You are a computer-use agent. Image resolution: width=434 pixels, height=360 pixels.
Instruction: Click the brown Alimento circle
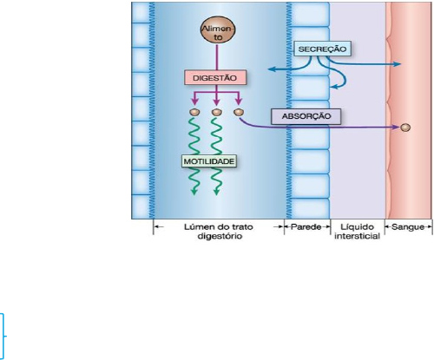tap(218, 29)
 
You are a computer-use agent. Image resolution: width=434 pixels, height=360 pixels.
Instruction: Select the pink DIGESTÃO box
tap(215, 77)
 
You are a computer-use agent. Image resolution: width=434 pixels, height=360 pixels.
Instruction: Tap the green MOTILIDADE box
tap(209, 161)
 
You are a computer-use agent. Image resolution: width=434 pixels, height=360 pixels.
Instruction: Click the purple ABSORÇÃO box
tap(306, 116)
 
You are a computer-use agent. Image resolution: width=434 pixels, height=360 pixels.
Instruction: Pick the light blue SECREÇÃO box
tap(322, 49)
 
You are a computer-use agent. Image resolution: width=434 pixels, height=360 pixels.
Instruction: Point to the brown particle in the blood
tap(405, 128)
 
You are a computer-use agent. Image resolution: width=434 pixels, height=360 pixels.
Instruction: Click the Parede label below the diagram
tap(306, 227)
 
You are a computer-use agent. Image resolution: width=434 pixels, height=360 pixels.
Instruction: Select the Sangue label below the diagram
tap(408, 227)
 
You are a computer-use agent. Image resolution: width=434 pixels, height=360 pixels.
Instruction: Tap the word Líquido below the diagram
tap(357, 227)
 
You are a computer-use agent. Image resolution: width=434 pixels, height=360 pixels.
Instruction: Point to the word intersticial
tap(357, 236)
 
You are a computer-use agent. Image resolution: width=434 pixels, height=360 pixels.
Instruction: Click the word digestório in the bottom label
tap(220, 236)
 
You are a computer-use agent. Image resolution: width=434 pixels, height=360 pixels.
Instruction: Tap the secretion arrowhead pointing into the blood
tap(398, 64)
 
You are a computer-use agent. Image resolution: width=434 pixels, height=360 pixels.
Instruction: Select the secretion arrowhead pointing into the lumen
tap(271, 69)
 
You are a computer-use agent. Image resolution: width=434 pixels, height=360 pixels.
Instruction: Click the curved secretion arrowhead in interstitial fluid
tap(334, 87)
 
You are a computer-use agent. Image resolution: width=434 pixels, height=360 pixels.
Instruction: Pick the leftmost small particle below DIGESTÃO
tap(194, 112)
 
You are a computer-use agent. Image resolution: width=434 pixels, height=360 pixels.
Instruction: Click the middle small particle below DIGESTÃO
tap(217, 112)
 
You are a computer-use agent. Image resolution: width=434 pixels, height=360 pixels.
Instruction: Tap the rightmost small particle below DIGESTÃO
tap(239, 112)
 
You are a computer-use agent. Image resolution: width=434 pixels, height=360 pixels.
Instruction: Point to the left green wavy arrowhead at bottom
tap(194, 192)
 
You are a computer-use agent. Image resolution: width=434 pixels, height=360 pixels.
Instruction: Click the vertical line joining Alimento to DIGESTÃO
tap(217, 57)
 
